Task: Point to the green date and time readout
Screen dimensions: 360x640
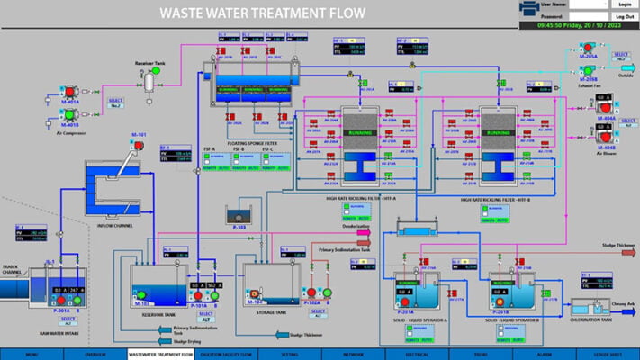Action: coord(578,26)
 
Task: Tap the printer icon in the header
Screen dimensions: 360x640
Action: coord(529,10)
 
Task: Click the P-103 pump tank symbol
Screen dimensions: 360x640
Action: coord(239,216)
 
